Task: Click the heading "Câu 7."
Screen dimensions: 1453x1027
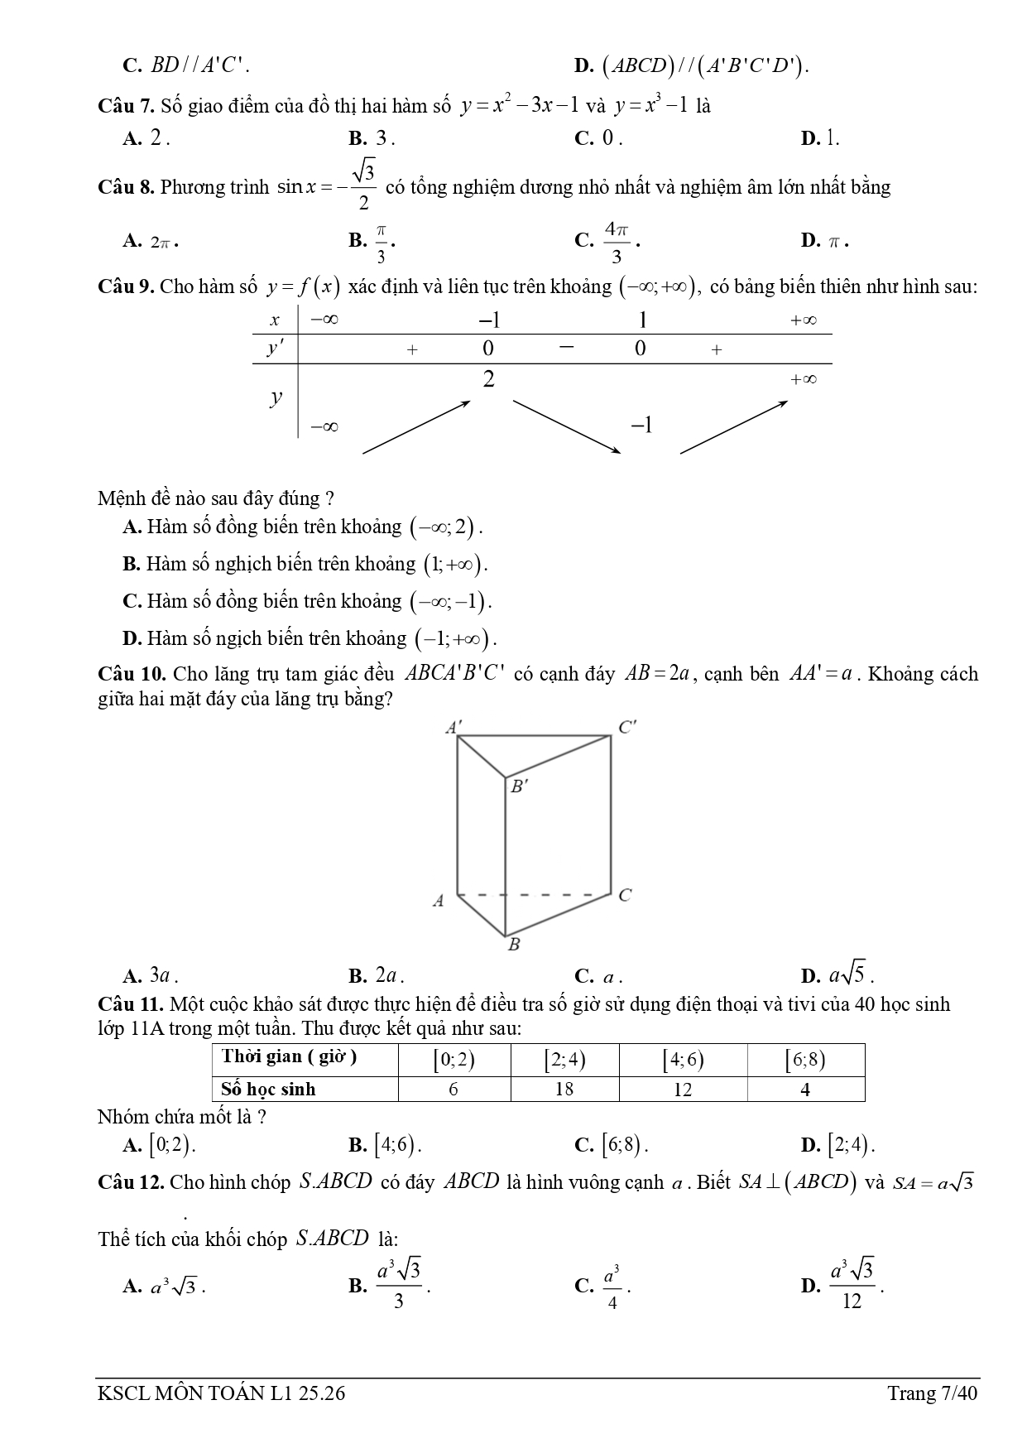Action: tap(126, 107)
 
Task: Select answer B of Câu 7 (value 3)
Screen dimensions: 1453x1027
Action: tap(372, 139)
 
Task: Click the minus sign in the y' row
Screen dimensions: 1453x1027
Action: tap(565, 348)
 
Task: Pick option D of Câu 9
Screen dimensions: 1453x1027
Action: tap(310, 638)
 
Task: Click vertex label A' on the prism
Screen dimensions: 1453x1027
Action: tap(454, 728)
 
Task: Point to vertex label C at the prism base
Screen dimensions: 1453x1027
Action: tap(625, 895)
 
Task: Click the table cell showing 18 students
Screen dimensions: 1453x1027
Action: tap(564, 1089)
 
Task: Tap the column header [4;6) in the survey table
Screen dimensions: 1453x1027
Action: tap(683, 1060)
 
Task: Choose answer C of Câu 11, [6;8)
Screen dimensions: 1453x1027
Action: tap(612, 1145)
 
